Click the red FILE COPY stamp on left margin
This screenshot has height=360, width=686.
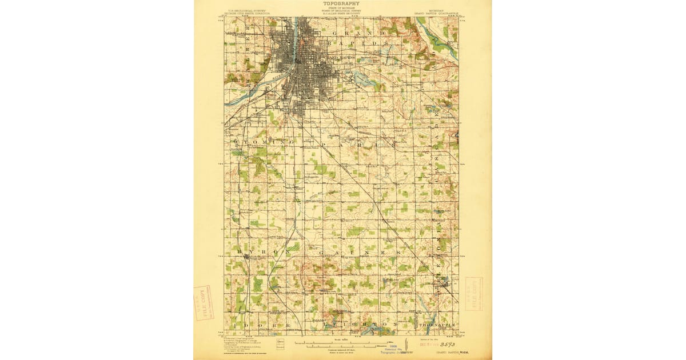202,302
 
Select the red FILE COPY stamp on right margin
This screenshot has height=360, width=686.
474,294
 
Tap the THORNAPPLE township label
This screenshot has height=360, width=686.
438,324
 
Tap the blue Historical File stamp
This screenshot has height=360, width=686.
394,348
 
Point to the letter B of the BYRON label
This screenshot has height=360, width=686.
236,251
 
